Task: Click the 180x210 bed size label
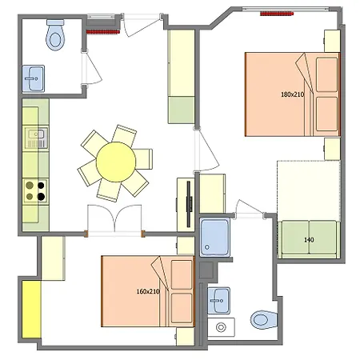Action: [292, 94]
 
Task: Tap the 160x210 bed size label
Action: [148, 291]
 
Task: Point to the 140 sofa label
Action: [309, 240]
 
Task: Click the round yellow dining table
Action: [116, 162]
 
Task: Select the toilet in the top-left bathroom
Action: [55, 34]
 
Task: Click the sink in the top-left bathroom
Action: [34, 78]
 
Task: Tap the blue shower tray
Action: [214, 238]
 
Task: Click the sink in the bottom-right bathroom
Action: [218, 301]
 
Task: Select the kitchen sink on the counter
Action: [36, 138]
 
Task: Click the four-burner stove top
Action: [35, 191]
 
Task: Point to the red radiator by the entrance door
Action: [102, 32]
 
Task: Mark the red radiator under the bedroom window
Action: [277, 14]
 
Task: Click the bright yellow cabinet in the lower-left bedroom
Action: [31, 310]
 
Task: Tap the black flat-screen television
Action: [189, 204]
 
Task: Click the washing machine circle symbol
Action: [221, 327]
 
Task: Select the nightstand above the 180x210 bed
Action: [332, 41]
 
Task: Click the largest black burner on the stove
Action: [41, 197]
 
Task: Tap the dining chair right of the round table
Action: [143, 159]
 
